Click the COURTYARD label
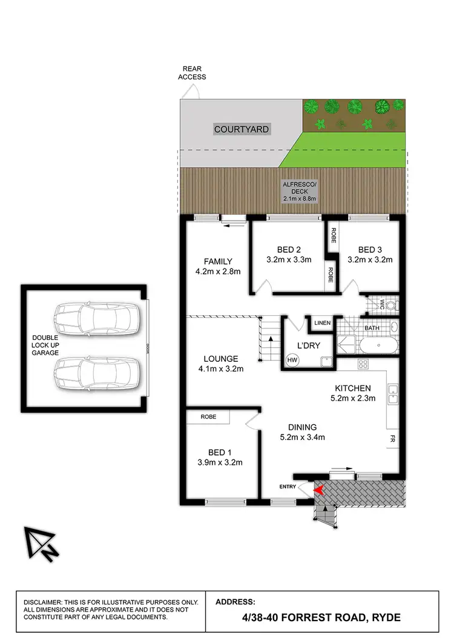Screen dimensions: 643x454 (x=241, y=129)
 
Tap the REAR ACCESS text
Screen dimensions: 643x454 (x=192, y=73)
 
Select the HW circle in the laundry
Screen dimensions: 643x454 (x=292, y=359)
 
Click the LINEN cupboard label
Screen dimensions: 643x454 (x=322, y=323)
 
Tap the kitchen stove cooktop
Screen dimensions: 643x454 (x=364, y=364)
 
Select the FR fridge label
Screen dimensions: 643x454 (x=392, y=437)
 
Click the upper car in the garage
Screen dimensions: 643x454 (x=94, y=316)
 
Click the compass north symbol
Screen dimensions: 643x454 (x=41, y=543)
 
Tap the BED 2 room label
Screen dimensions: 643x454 (x=289, y=249)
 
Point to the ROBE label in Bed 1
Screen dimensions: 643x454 (x=208, y=417)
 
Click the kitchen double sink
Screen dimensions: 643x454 (x=392, y=395)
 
